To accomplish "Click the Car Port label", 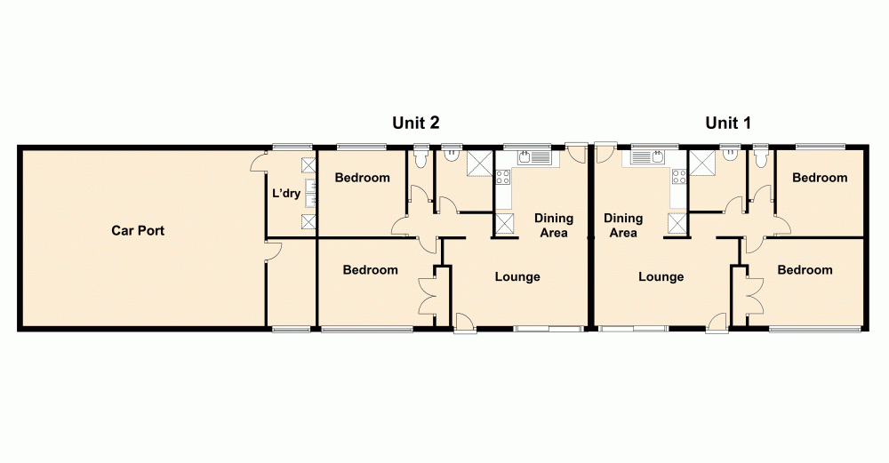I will pyautogui.click(x=138, y=231).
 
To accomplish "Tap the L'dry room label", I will pyautogui.click(x=285, y=193).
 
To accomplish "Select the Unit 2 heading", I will pyautogui.click(x=416, y=124).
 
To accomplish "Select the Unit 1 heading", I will pyautogui.click(x=728, y=124).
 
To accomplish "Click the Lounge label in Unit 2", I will pyautogui.click(x=517, y=277).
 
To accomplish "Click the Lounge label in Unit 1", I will pyautogui.click(x=661, y=277).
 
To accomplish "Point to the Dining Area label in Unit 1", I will pyautogui.click(x=623, y=226).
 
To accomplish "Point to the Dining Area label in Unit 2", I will pyautogui.click(x=553, y=226).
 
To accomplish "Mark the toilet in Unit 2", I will pyautogui.click(x=420, y=156).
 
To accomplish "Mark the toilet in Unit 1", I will pyautogui.click(x=759, y=156).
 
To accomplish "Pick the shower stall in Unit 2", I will pyautogui.click(x=480, y=163).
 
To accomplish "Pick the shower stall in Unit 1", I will pyautogui.click(x=702, y=163).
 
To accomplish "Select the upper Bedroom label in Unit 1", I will pyautogui.click(x=820, y=178).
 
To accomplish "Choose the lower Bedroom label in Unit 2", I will pyautogui.click(x=371, y=270).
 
